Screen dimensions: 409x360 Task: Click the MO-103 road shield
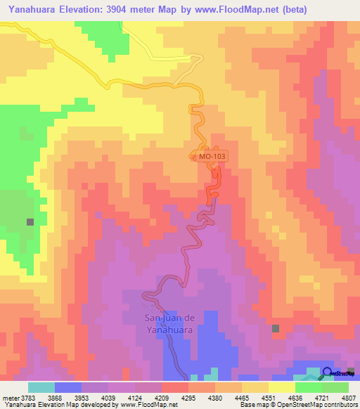click(210, 158)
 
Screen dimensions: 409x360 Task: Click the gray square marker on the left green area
click(30, 221)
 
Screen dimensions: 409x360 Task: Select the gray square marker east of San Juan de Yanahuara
click(276, 328)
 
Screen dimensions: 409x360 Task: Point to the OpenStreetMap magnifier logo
click(328, 373)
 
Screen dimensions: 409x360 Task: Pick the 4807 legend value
click(349, 398)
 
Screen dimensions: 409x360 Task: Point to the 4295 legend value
click(188, 398)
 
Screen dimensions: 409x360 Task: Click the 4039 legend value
click(109, 398)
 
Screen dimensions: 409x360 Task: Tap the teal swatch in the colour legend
click(41, 387)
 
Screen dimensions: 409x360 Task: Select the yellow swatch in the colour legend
click(281, 387)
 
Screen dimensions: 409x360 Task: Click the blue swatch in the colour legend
click(68, 387)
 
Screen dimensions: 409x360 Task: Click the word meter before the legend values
click(11, 398)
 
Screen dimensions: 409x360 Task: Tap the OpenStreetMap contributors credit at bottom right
click(323, 405)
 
